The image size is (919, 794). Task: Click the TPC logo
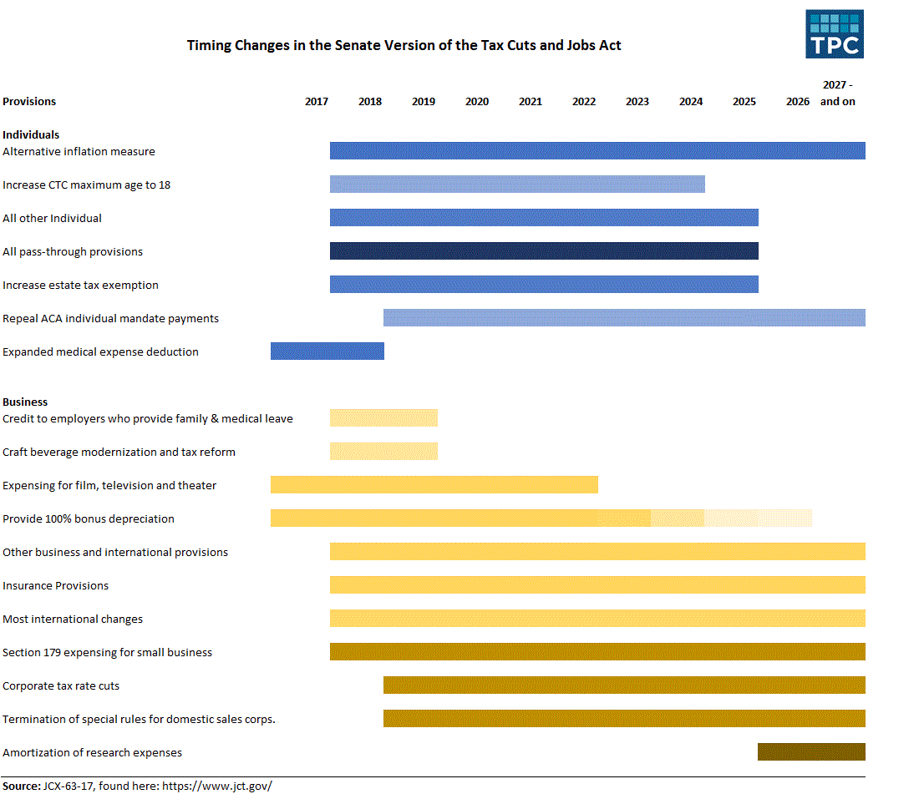[834, 34]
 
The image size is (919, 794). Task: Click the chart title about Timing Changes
[404, 45]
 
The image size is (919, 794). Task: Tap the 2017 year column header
[317, 102]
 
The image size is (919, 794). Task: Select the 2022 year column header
[584, 102]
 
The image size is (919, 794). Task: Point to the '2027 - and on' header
[837, 93]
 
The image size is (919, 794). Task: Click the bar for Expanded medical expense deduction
[327, 351]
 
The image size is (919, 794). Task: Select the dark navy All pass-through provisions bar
[544, 251]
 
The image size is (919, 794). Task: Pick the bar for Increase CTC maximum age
[517, 185]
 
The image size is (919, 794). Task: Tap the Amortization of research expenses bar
[811, 752]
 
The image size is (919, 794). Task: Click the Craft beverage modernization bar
[383, 452]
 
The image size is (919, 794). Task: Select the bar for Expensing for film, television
[434, 485]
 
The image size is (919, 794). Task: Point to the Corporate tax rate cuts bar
[624, 685]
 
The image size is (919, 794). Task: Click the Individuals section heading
[31, 134]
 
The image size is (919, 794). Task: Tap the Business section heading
[25, 402]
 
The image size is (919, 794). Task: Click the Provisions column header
[29, 102]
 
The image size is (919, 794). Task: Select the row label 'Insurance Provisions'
[55, 585]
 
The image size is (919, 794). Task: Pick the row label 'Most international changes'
[73, 619]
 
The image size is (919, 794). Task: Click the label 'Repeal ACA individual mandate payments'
[110, 318]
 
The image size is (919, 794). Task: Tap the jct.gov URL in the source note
[216, 786]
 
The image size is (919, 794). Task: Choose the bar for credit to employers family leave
[383, 418]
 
